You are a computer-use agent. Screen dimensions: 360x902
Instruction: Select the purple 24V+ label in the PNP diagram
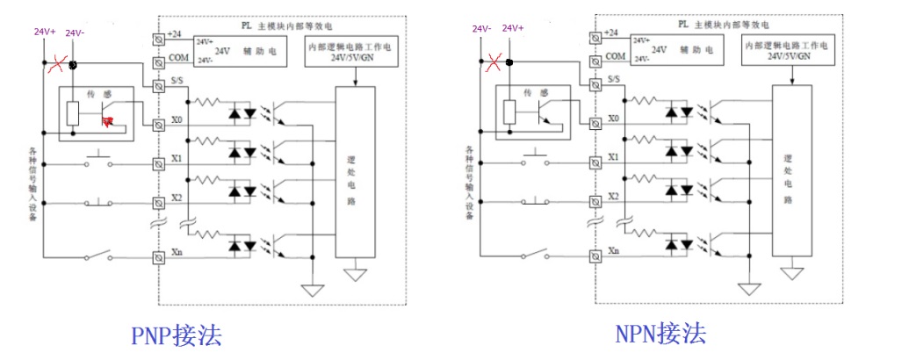click(x=45, y=32)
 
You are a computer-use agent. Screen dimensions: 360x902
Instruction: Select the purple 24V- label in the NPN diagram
click(x=480, y=29)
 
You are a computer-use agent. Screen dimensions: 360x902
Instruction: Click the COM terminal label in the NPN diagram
click(x=616, y=55)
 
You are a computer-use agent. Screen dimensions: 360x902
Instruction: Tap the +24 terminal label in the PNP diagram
click(x=177, y=33)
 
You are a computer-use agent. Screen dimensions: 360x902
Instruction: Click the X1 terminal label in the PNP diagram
click(x=176, y=159)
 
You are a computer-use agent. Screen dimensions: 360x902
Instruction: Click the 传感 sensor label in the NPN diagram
click(x=530, y=91)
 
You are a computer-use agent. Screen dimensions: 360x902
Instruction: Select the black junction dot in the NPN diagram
click(x=510, y=62)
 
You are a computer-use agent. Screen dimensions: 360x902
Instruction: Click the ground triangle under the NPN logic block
click(x=793, y=273)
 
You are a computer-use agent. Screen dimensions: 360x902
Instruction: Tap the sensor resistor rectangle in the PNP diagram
click(x=76, y=112)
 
